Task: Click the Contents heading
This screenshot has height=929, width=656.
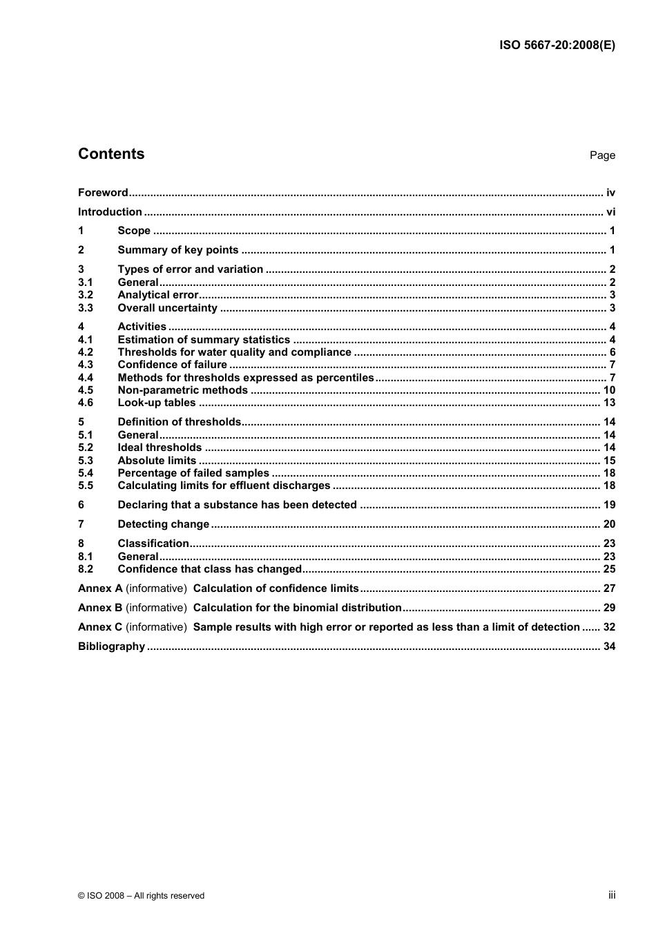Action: point(111,154)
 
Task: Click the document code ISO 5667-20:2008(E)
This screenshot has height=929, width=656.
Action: point(557,46)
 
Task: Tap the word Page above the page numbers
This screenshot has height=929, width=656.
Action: point(601,155)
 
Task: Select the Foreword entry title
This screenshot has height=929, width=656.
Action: point(103,193)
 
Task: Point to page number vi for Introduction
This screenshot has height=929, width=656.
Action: point(610,212)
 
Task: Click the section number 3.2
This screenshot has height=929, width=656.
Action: point(85,295)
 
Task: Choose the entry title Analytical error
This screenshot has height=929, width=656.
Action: point(157,295)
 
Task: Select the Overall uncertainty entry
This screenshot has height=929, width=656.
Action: point(167,308)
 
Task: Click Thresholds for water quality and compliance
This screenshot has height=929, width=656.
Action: point(234,352)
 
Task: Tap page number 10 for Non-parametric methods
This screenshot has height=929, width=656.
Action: point(609,390)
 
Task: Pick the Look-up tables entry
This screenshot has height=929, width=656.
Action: point(157,403)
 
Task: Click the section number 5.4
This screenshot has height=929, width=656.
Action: point(85,473)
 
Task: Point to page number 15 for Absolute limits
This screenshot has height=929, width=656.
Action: point(609,461)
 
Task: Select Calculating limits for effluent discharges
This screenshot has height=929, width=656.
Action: point(224,486)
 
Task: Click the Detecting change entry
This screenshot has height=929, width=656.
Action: point(163,524)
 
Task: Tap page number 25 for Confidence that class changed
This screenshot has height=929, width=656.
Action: point(609,569)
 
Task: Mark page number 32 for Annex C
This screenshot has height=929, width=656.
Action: point(609,627)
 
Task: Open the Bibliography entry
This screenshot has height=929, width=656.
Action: point(111,647)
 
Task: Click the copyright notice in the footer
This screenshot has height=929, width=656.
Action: point(141,896)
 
